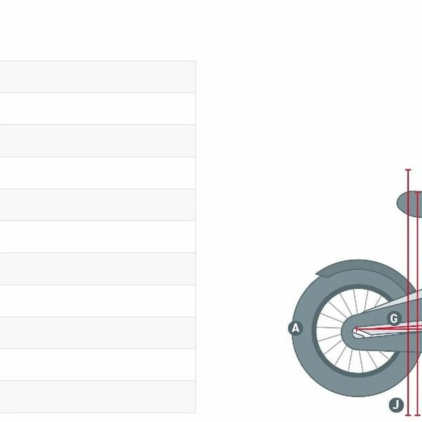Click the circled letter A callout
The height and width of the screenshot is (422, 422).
pyautogui.click(x=295, y=328)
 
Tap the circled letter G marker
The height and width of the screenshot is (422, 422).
pyautogui.click(x=394, y=318)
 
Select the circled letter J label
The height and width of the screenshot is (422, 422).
pyautogui.click(x=396, y=405)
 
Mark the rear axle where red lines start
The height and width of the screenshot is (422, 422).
pyautogui.click(x=356, y=329)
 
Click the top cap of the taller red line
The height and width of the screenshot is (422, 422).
pyautogui.click(x=408, y=170)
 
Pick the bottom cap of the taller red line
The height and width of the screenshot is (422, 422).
pyautogui.click(x=408, y=415)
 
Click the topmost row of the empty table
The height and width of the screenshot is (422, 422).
pyautogui.click(x=98, y=77)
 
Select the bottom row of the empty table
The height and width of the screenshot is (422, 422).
pyautogui.click(x=98, y=397)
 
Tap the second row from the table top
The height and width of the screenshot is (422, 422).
pyautogui.click(x=98, y=109)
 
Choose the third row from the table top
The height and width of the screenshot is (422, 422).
pyautogui.click(x=98, y=141)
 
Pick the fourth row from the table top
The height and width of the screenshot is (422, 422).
pyautogui.click(x=98, y=173)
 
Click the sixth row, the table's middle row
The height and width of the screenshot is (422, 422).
pyautogui.click(x=98, y=236)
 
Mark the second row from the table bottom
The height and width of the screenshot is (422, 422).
pyautogui.click(x=98, y=365)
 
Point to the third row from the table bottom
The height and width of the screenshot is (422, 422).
pyautogui.click(x=98, y=333)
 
